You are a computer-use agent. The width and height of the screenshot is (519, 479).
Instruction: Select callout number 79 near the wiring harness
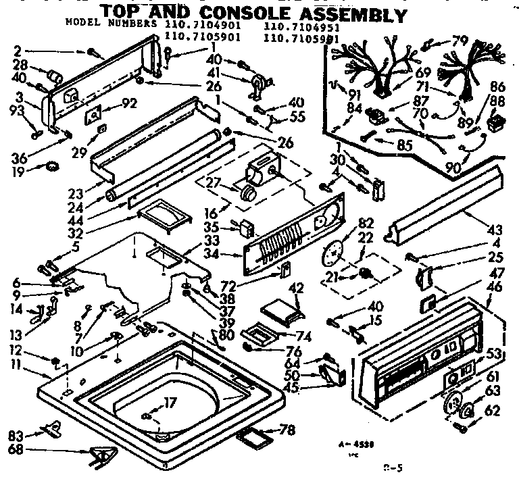click(460, 42)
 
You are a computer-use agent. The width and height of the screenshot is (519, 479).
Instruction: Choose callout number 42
click(295, 287)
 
